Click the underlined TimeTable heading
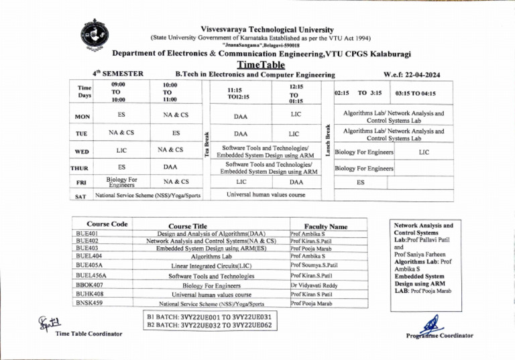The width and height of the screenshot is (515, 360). click(257, 65)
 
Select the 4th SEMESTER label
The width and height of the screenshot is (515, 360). click(121, 74)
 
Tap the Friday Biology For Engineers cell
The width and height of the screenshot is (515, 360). click(121, 182)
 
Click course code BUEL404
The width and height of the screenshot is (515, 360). click(93, 255)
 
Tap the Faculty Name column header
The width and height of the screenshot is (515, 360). click(325, 227)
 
